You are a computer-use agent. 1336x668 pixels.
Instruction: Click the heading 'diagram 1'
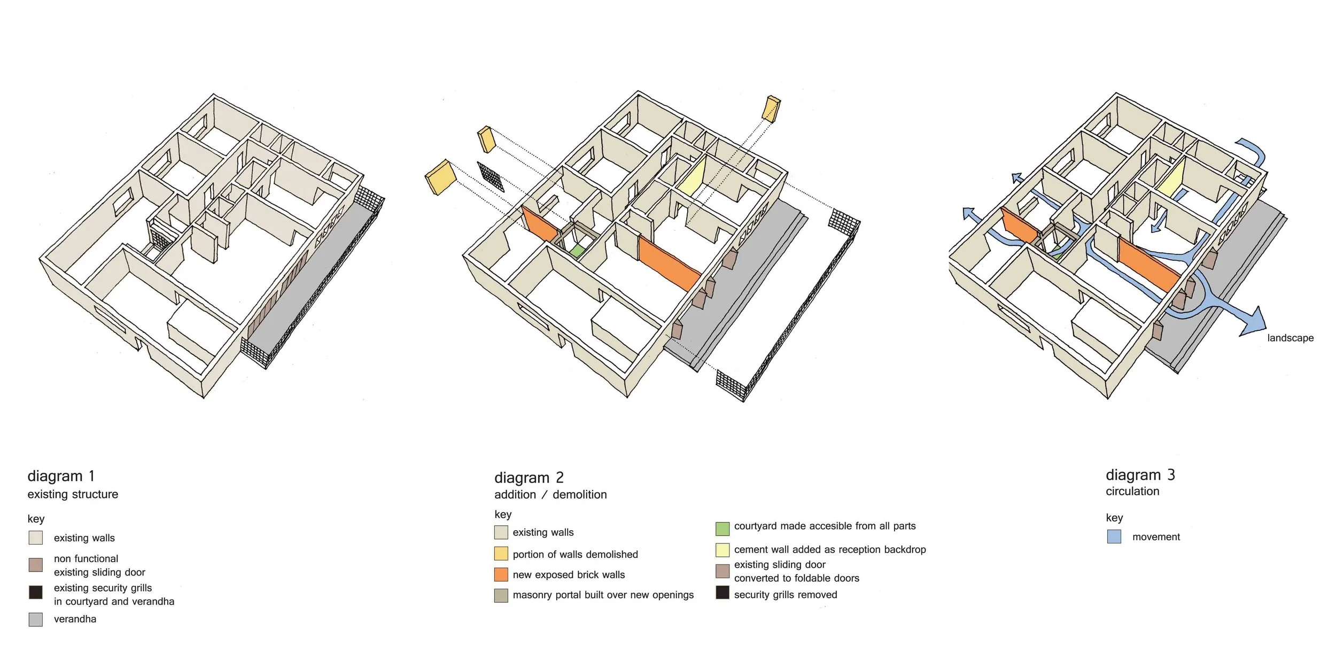click(x=61, y=476)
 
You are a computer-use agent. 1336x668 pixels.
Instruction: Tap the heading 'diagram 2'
click(x=529, y=477)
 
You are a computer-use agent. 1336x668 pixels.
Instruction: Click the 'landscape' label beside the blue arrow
click(x=1290, y=338)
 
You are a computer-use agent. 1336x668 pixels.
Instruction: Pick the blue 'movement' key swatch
click(x=1114, y=537)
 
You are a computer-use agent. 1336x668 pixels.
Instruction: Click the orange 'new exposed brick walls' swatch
click(x=501, y=574)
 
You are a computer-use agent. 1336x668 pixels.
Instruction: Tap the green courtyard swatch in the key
click(x=722, y=529)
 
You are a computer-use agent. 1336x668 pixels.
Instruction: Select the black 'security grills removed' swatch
click(x=722, y=593)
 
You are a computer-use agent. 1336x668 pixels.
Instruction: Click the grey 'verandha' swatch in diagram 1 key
click(x=35, y=619)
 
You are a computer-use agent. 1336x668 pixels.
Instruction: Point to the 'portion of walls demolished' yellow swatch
click(x=501, y=554)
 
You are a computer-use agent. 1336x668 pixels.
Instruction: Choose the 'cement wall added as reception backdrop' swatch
click(x=722, y=550)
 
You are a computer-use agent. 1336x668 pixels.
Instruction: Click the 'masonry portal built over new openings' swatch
click(x=501, y=595)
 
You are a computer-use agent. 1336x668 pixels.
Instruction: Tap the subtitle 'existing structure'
click(x=73, y=494)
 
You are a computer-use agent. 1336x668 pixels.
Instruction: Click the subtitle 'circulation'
click(x=1132, y=491)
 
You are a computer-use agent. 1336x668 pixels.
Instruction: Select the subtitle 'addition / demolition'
click(x=550, y=494)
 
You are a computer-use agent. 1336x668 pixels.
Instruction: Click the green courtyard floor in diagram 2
click(x=576, y=251)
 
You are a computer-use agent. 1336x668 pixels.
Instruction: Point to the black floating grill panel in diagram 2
click(x=491, y=177)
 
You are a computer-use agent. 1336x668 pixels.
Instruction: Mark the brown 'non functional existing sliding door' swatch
click(x=35, y=565)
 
